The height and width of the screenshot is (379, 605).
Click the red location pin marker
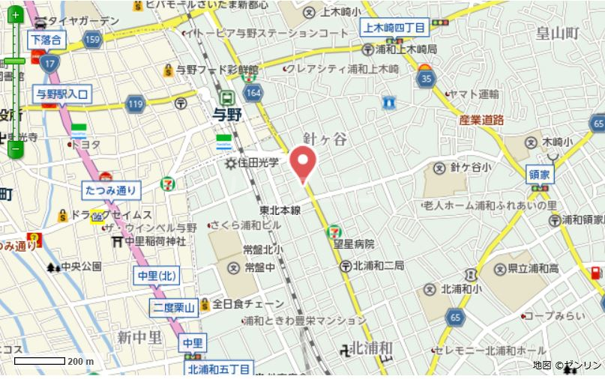pyautogui.click(x=303, y=163)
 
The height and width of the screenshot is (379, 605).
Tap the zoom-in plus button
pyautogui.click(x=15, y=14)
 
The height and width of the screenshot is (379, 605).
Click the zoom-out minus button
pyautogui.click(x=15, y=150)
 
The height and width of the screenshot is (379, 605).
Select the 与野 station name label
pyautogui.click(x=227, y=115)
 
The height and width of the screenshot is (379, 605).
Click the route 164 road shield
pyautogui.click(x=253, y=92)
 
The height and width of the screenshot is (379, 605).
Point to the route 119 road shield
pyautogui.click(x=135, y=103)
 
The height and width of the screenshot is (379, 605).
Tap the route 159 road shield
pyautogui.click(x=93, y=38)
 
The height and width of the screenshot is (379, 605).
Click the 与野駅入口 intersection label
pyautogui.click(x=62, y=94)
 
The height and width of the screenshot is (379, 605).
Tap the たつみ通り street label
pyautogui.click(x=111, y=190)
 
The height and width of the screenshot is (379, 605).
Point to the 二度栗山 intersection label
pyautogui.click(x=174, y=307)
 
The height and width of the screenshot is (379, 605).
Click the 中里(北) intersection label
pyautogui.click(x=157, y=276)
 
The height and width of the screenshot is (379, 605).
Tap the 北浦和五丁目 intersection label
pyautogui.click(x=219, y=369)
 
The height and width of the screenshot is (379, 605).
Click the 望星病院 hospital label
pyautogui.click(x=354, y=244)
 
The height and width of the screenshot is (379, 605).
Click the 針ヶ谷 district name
pyautogui.click(x=325, y=139)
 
